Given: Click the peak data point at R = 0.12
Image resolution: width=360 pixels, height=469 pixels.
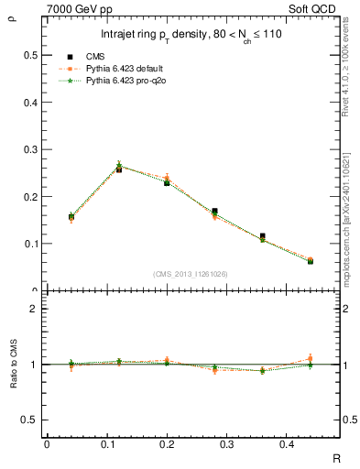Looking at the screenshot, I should coord(119,169).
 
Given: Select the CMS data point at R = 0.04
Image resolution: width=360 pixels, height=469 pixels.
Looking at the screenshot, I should coord(71,217).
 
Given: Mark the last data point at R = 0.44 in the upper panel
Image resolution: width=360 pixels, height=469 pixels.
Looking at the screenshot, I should coord(310,261).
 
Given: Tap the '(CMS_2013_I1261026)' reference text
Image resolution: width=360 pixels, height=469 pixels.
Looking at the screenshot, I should coord(191,273).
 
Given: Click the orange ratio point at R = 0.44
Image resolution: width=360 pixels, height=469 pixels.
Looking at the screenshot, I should coord(310,358).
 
